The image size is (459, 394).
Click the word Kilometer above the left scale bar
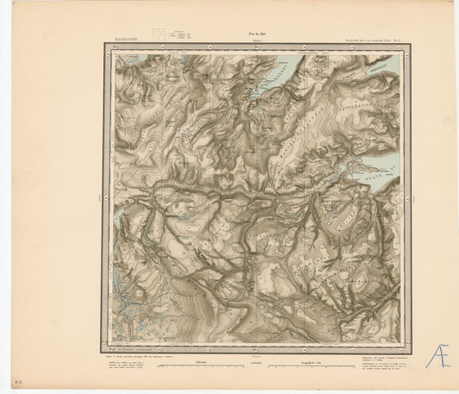pyautogui.click(x=201, y=362)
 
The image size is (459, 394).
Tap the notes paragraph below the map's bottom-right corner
pyautogui.click(x=379, y=357)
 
